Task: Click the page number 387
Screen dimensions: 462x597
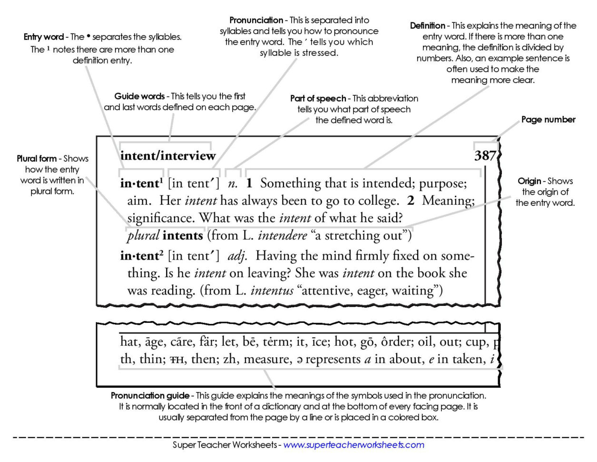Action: point(485,156)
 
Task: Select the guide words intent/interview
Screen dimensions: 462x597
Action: point(168,156)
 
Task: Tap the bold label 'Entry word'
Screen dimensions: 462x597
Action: point(44,37)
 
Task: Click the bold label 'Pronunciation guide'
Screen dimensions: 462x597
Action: point(150,396)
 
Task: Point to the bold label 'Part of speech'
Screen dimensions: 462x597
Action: point(318,99)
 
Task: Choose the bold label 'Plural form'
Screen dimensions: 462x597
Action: point(37,159)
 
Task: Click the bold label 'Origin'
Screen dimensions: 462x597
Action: point(529,181)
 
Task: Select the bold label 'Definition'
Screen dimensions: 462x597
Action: point(427,26)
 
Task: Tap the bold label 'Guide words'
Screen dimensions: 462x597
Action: point(139,96)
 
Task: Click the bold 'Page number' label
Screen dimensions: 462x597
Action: point(548,120)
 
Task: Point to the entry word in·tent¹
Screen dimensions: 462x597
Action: point(141,183)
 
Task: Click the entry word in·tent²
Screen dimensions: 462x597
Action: point(141,256)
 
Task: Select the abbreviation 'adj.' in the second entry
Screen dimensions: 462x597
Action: point(237,256)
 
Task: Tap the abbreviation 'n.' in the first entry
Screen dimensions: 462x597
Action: point(232,184)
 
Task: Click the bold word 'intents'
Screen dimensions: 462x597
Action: point(182,235)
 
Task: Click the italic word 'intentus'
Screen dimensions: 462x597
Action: point(272,291)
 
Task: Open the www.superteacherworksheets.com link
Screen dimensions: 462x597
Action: point(353,445)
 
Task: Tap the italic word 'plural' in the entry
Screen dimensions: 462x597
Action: point(143,236)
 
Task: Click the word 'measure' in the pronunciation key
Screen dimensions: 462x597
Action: point(267,359)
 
